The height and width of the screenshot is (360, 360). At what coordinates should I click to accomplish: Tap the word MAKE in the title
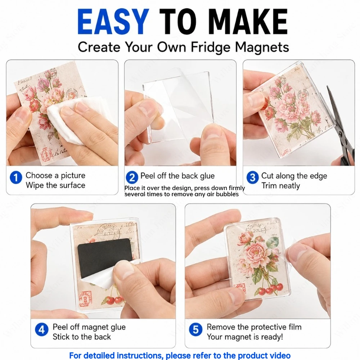[248, 22]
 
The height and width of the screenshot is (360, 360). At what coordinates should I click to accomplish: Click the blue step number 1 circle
[16, 177]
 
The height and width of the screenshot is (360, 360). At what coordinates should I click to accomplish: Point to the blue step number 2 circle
[132, 177]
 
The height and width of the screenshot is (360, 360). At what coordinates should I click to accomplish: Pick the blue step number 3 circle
[253, 177]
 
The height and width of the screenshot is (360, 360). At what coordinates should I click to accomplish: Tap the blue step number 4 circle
[41, 330]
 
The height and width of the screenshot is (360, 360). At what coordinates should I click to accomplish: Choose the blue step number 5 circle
[195, 330]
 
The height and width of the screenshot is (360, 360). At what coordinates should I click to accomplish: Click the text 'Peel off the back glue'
[177, 176]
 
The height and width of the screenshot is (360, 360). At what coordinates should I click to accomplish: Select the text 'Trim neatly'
[280, 185]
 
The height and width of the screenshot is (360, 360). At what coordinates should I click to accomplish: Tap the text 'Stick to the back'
[82, 337]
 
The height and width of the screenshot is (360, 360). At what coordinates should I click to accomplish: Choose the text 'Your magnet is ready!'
[245, 337]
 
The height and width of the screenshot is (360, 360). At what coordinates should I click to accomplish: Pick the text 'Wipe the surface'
[55, 185]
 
